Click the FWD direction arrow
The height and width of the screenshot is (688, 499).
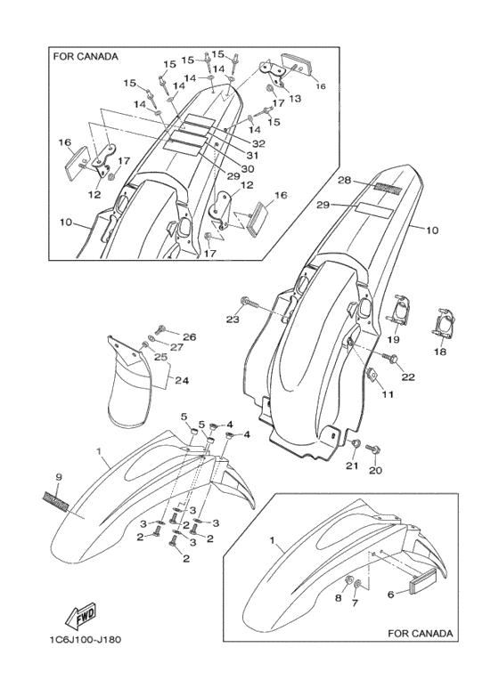pos(78,615)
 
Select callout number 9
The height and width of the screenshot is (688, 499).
pos(58,477)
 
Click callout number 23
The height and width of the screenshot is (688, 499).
pos(233,320)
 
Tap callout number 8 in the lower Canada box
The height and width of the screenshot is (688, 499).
pos(338,599)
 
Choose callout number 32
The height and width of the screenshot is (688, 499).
pos(258,142)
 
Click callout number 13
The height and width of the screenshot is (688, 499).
pos(295,98)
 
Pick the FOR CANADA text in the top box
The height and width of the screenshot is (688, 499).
pos(86,57)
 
